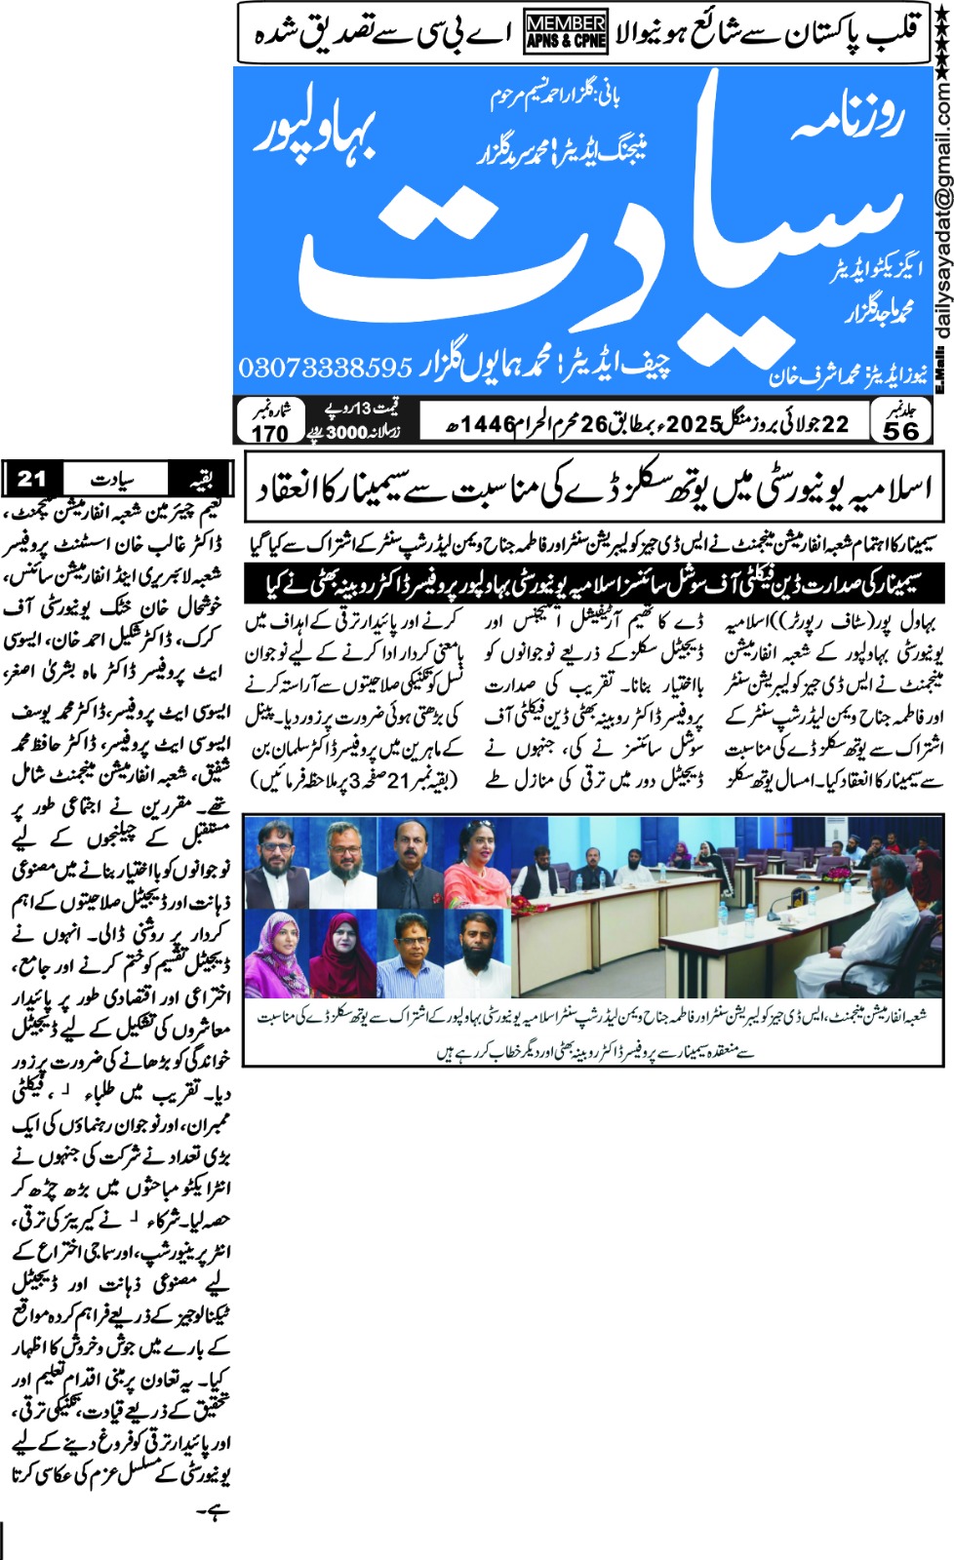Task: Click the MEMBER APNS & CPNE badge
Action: [566, 31]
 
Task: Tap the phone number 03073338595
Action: [326, 368]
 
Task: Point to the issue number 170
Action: [270, 433]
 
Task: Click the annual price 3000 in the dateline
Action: [346, 433]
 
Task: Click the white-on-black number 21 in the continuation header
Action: [32, 478]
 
